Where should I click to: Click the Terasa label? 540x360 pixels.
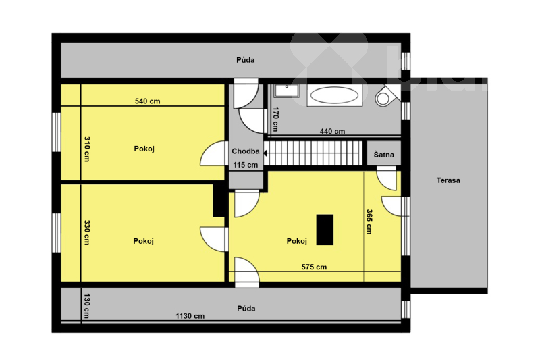(448, 180)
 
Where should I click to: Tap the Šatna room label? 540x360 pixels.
(383, 155)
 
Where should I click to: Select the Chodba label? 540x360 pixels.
(246, 151)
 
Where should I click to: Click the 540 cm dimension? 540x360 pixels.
(147, 101)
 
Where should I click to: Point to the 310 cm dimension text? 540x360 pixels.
(87, 149)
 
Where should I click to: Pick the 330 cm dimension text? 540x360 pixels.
(87, 232)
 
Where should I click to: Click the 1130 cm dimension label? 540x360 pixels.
(190, 316)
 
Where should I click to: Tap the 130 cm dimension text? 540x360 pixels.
(87, 306)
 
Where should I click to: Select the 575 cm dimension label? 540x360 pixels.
(314, 267)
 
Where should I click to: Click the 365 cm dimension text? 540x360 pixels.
(369, 222)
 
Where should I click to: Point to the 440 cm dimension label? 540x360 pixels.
(332, 131)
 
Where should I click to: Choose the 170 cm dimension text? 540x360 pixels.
(275, 119)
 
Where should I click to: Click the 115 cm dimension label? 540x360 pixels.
(246, 165)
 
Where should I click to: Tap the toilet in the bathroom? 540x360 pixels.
(386, 96)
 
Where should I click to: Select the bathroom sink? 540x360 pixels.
(286, 91)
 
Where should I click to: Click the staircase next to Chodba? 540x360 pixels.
(313, 153)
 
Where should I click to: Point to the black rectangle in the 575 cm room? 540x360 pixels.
(325, 230)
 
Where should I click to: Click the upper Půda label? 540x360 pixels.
(246, 60)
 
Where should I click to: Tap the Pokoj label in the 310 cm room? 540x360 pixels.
(144, 149)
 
